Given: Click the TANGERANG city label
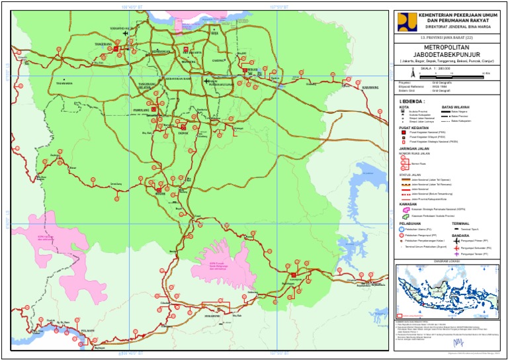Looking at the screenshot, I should [104, 44].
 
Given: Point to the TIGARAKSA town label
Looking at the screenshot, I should [64, 83].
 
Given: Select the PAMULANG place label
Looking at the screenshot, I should [141, 111].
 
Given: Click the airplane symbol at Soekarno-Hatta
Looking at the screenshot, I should [118, 32].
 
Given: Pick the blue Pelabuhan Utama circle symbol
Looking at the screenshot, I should [402, 230].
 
